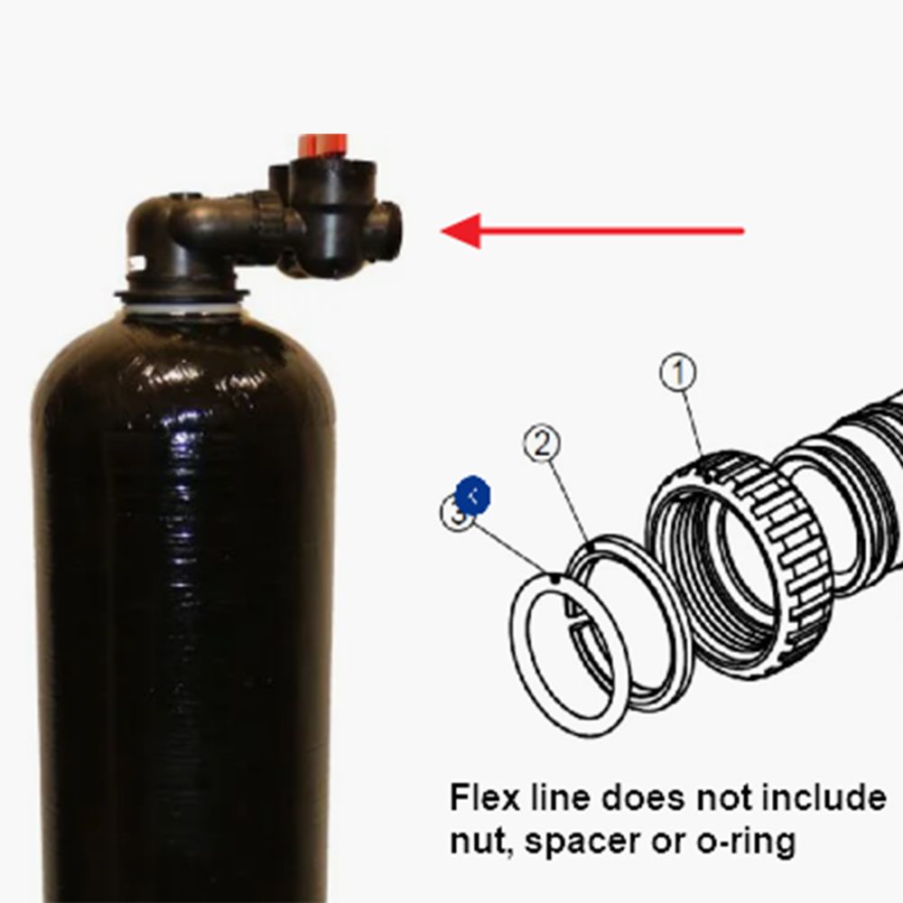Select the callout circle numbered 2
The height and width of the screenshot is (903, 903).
[x=541, y=444]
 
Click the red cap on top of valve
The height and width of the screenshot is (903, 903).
[x=322, y=144]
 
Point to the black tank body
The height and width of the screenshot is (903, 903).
[x=181, y=587]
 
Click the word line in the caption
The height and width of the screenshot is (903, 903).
[x=559, y=797]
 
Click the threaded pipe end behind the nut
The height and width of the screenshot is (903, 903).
[x=849, y=470]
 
